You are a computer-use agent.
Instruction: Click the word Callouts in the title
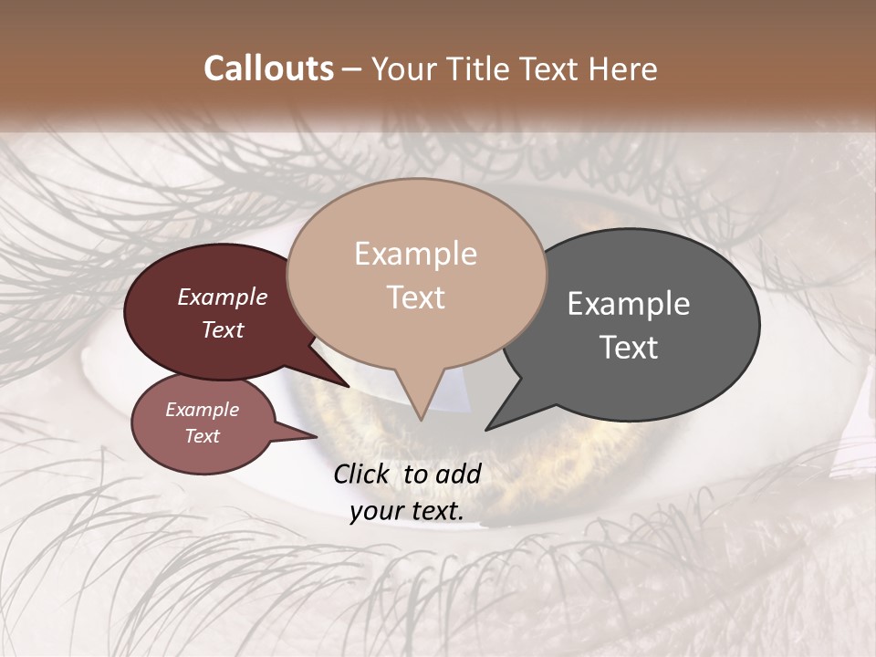coord(268,68)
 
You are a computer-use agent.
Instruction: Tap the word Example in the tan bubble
coord(415,254)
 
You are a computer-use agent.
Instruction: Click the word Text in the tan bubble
coord(415,297)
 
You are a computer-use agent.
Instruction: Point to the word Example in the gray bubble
coord(629,304)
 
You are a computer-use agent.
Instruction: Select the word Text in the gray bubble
coord(629,347)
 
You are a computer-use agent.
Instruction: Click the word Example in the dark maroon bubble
coord(223,297)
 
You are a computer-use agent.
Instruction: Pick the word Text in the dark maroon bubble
coord(223,329)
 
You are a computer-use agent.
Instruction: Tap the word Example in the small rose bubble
coord(203,410)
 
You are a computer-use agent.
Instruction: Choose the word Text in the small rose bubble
coord(203,436)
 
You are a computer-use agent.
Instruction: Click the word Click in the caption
coord(362,474)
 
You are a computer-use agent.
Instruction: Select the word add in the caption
coord(458,474)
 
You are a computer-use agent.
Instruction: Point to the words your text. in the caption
coord(407,511)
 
